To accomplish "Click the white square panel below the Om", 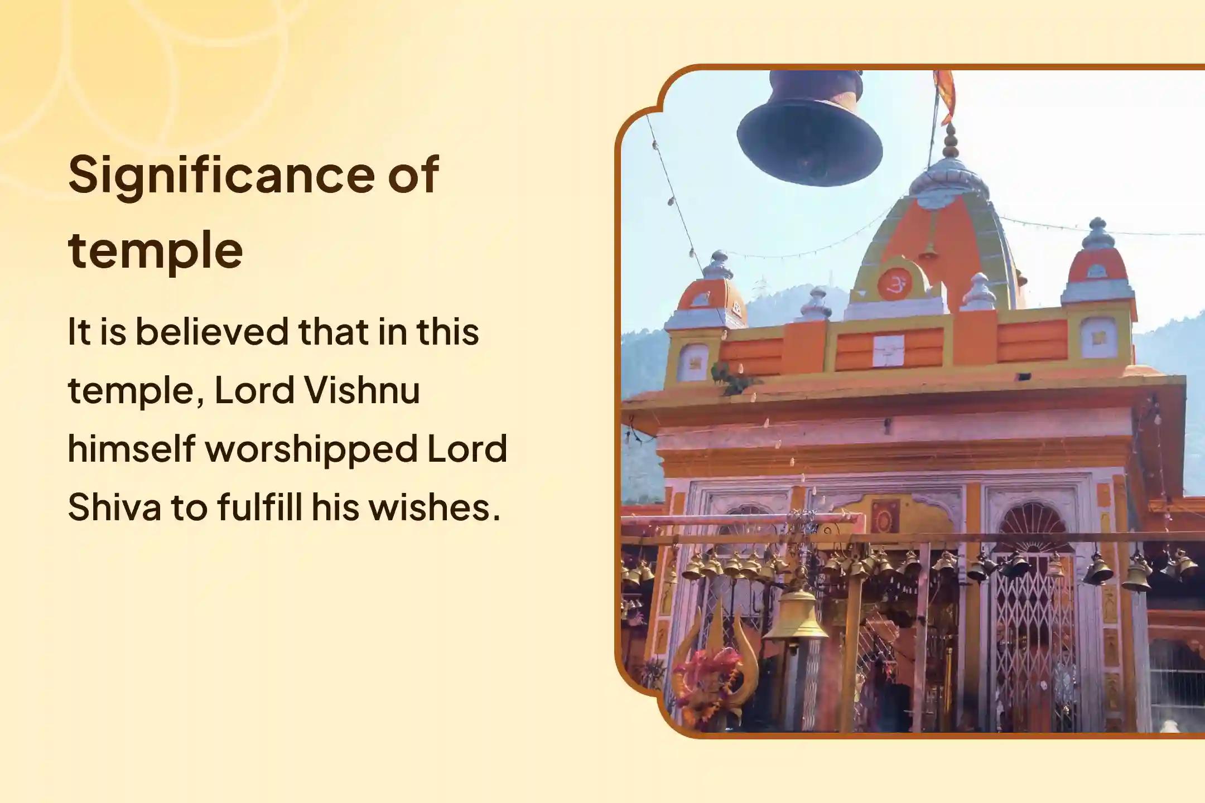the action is coord(889,350).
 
